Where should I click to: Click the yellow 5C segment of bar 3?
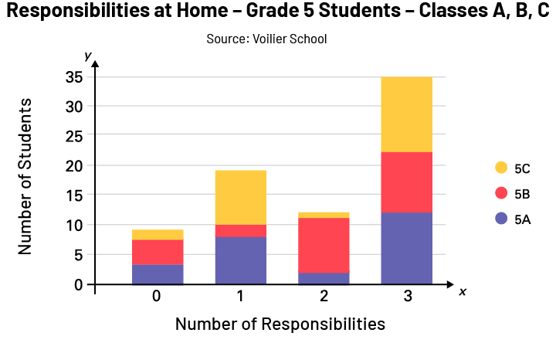pyautogui.click(x=406, y=114)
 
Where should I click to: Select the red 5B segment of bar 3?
pyautogui.click(x=406, y=182)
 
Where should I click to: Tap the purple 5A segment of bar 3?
pyautogui.click(x=406, y=248)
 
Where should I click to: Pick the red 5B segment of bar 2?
pyautogui.click(x=324, y=245)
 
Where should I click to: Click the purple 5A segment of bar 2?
pyautogui.click(x=324, y=278)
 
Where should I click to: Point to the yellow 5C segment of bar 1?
pyautogui.click(x=240, y=197)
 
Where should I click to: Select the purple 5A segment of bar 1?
pyautogui.click(x=240, y=260)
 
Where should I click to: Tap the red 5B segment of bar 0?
pyautogui.click(x=158, y=252)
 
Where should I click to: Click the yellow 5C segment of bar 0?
pyautogui.click(x=158, y=234)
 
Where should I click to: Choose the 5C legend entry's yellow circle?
pyautogui.click(x=501, y=168)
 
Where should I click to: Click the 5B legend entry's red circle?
pyautogui.click(x=501, y=193)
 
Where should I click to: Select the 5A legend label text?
pyautogui.click(x=522, y=219)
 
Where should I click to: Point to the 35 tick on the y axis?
pyautogui.click(x=73, y=77)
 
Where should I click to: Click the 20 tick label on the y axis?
pyautogui.click(x=73, y=166)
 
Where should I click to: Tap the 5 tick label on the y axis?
pyautogui.click(x=78, y=255)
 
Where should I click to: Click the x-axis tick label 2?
pyautogui.click(x=324, y=296)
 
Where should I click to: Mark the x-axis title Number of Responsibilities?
pyautogui.click(x=280, y=324)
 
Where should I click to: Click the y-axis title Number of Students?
pyautogui.click(x=25, y=176)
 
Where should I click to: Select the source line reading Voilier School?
pyautogui.click(x=266, y=39)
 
